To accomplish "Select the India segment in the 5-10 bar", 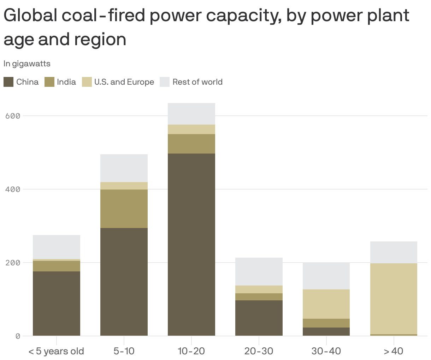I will (124, 209).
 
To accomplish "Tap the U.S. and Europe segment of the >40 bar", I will (394, 299).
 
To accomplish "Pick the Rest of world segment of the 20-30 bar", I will (259, 271).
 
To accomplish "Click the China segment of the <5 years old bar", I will (56, 303).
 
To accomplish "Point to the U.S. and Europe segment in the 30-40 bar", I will (326, 304).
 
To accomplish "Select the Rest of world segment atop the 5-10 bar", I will (124, 168).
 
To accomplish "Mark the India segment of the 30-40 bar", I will (326, 323).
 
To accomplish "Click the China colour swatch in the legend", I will (8, 82).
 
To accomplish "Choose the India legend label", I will (66, 82).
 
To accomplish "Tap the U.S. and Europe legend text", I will (124, 82).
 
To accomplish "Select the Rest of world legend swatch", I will (165, 82).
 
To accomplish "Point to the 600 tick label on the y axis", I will (13, 116).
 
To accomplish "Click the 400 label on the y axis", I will (13, 189).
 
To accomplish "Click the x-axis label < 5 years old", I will (56, 351).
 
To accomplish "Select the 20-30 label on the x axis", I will (259, 351).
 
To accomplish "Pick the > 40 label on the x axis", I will (394, 351).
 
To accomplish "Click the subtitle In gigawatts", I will (27, 64).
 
